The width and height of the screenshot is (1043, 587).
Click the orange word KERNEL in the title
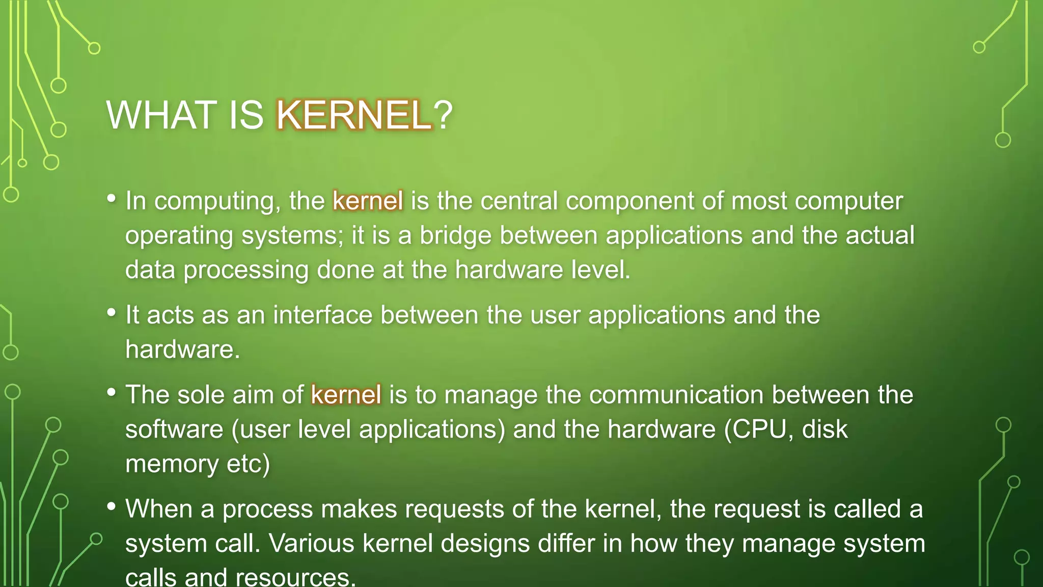pyautogui.click(x=353, y=115)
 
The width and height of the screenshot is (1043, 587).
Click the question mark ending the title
pyautogui.click(x=443, y=115)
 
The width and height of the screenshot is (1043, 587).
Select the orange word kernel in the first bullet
pyautogui.click(x=368, y=201)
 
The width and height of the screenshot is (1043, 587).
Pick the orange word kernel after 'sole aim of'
pyautogui.click(x=346, y=395)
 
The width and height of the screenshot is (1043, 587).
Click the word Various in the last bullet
pyautogui.click(x=311, y=544)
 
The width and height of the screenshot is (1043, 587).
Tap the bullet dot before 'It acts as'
pyautogui.click(x=112, y=312)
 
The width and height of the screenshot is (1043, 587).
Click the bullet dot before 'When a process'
pyautogui.click(x=112, y=506)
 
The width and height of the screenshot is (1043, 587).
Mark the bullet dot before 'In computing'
pyautogui.click(x=112, y=198)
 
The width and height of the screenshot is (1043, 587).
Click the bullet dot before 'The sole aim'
pyautogui.click(x=112, y=392)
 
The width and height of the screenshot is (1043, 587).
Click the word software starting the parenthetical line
pyautogui.click(x=174, y=430)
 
